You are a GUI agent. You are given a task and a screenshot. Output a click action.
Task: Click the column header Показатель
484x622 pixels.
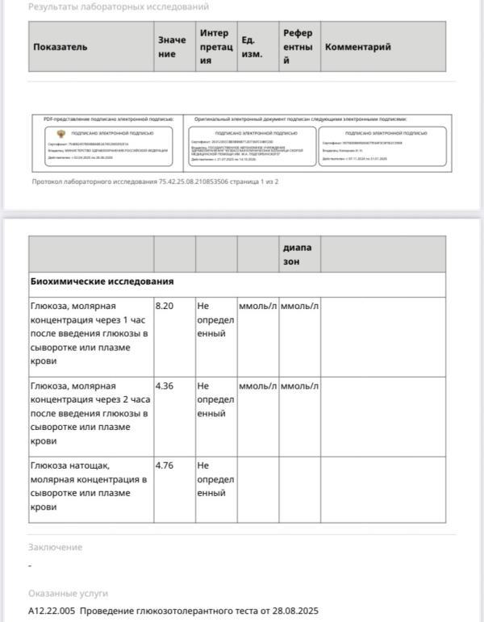(60, 47)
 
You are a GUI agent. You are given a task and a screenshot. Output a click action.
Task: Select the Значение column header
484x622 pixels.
(171, 47)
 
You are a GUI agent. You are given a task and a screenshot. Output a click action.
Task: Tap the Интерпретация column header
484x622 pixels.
(214, 47)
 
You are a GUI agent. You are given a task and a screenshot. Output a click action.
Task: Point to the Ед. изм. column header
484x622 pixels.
(251, 47)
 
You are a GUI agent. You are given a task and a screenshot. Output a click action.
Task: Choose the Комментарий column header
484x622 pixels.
(357, 47)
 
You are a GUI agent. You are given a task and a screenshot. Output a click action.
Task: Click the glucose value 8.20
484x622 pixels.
(165, 307)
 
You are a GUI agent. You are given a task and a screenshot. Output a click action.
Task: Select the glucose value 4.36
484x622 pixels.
(165, 386)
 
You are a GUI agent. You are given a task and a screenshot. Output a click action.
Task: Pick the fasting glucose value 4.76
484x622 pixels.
(165, 465)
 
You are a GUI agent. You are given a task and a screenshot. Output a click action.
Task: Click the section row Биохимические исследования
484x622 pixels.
(102, 282)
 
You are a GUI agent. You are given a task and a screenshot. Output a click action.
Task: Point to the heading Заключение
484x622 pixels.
(55, 547)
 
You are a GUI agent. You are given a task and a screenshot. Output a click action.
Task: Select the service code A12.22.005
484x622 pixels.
(52, 611)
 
